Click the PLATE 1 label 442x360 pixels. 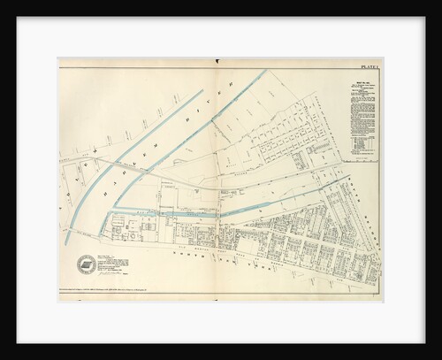(x=369, y=65)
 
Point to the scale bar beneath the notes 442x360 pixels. (x=361, y=159)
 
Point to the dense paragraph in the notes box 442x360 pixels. (x=360, y=115)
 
